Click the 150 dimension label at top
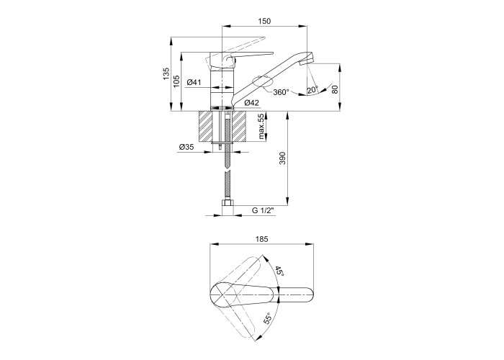click(x=264, y=21)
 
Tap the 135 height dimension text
click(x=166, y=74)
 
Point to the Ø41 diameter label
click(x=194, y=82)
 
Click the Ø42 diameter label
click(x=251, y=103)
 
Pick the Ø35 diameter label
click(x=186, y=147)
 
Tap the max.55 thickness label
click(x=262, y=127)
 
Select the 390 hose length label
click(x=282, y=158)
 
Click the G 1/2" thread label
click(x=263, y=211)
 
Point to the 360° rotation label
click(x=281, y=92)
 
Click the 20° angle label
click(x=312, y=90)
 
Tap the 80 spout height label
click(x=336, y=89)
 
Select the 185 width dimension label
click(x=261, y=239)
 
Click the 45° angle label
click(x=279, y=271)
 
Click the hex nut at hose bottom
click(x=228, y=204)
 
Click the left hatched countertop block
click(x=206, y=126)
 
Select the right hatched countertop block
click(x=239, y=126)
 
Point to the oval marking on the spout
click(x=261, y=81)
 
